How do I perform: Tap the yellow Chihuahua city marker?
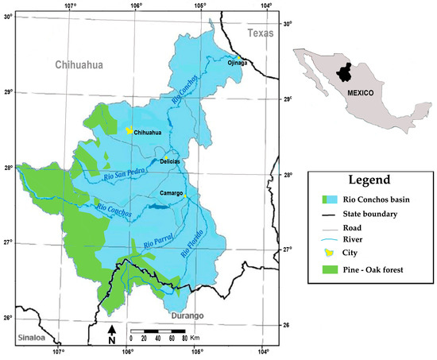129,130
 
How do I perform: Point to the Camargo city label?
171,193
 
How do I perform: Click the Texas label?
260,33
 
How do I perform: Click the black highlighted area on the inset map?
344,72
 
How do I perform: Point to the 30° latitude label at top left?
9,15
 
